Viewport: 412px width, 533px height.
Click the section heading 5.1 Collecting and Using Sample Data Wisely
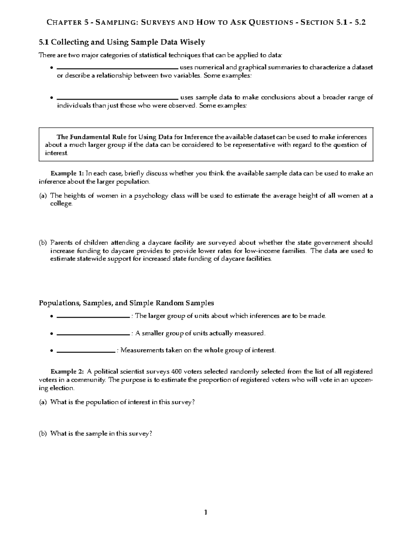(122, 42)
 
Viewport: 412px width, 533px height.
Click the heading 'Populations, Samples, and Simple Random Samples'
(126, 303)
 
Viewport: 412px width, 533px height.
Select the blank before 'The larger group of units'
(93, 316)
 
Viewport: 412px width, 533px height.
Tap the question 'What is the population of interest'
(123, 402)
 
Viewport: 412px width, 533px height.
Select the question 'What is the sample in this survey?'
(101, 433)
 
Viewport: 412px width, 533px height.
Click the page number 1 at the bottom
(206, 513)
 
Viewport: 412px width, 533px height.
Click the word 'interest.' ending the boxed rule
(57, 153)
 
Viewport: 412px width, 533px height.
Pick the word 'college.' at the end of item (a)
(61, 204)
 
